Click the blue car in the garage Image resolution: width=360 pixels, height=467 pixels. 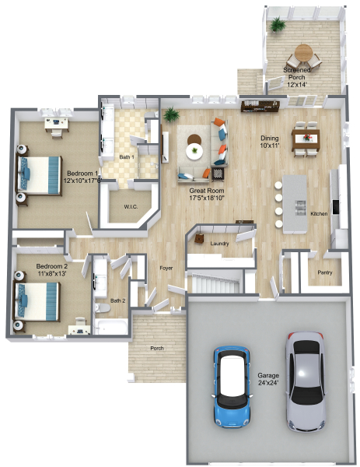tap(232, 387)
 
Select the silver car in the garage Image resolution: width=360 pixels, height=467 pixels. tap(306, 382)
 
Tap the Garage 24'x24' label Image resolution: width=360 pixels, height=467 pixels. tap(268, 379)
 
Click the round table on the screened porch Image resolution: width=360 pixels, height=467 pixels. tap(303, 53)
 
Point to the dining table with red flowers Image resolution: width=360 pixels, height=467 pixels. tap(306, 139)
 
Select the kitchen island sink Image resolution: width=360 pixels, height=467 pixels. tap(300, 208)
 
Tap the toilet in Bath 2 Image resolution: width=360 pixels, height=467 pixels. tap(103, 308)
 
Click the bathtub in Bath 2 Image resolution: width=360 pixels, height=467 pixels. tap(111, 327)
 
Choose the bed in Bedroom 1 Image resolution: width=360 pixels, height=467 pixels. tap(40, 175)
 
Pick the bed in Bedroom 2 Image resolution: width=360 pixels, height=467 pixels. tap(37, 301)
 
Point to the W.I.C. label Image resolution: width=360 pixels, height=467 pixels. tap(131, 207)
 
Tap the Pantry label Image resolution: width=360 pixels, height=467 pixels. tap(324, 272)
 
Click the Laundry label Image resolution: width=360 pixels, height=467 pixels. tap(219, 244)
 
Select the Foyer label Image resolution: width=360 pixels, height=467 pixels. tap(166, 268)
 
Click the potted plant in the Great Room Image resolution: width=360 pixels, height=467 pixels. tap(171, 114)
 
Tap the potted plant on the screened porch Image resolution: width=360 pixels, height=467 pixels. tap(278, 24)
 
